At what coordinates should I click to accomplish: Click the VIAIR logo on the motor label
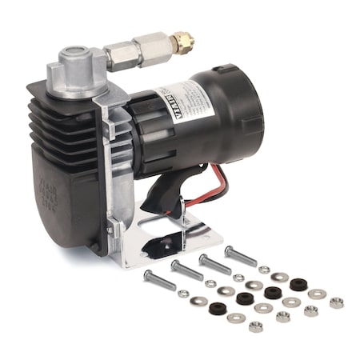[181, 102]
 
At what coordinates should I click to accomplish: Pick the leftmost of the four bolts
[160, 281]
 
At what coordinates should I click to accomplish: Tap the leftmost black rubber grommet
[218, 308]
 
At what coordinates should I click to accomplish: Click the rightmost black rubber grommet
[298, 284]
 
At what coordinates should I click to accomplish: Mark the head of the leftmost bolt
[149, 276]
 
